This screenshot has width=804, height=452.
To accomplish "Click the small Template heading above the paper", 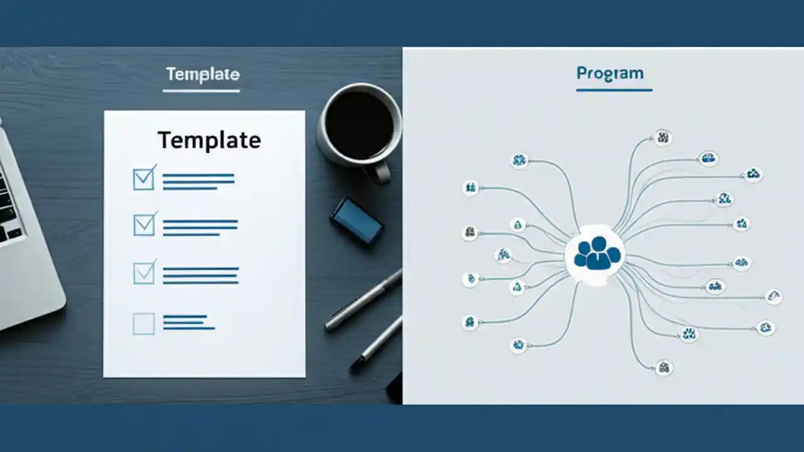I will pyautogui.click(x=202, y=75).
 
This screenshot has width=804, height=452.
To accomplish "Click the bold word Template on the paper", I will pyautogui.click(x=209, y=140).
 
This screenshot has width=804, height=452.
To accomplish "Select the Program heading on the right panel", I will pyautogui.click(x=610, y=73).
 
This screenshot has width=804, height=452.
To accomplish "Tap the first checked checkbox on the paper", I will pyautogui.click(x=144, y=179).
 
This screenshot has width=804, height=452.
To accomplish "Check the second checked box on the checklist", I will pyautogui.click(x=144, y=225).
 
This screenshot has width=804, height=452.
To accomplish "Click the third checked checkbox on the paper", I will pyautogui.click(x=144, y=274).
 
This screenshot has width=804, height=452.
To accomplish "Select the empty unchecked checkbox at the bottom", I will pyautogui.click(x=144, y=323).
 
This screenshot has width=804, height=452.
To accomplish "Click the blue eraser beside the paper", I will pyautogui.click(x=357, y=220).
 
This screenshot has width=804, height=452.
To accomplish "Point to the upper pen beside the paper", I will pyautogui.click(x=364, y=300).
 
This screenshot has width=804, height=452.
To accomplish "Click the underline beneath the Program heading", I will pyautogui.click(x=614, y=90).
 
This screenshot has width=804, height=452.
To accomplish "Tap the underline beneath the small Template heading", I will pyautogui.click(x=201, y=92).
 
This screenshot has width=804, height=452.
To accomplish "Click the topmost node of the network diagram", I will pyautogui.click(x=663, y=137).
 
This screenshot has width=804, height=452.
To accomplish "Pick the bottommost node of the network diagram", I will pyautogui.click(x=663, y=367).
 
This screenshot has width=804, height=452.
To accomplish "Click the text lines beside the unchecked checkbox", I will pyautogui.click(x=188, y=322).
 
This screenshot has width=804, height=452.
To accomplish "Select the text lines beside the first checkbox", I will pyautogui.click(x=198, y=181).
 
